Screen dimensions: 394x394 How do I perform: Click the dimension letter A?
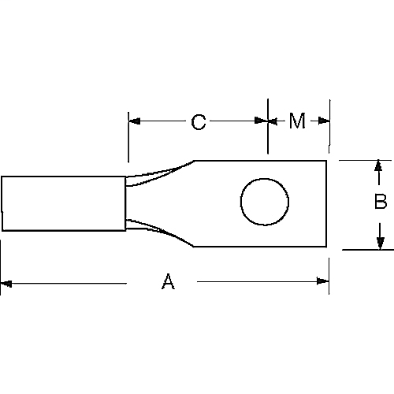click(167, 281)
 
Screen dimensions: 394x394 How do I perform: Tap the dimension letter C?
click(199, 121)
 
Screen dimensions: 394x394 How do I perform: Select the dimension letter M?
click(297, 121)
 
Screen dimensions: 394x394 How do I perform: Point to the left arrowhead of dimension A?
click(6, 281)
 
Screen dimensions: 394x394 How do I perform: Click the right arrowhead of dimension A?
click(323, 281)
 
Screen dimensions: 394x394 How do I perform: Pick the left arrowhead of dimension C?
click(134, 121)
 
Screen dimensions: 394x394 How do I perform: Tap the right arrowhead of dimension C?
click(262, 121)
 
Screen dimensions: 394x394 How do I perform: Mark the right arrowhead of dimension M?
click(324, 121)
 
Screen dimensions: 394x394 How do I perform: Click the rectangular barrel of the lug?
click(63, 203)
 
